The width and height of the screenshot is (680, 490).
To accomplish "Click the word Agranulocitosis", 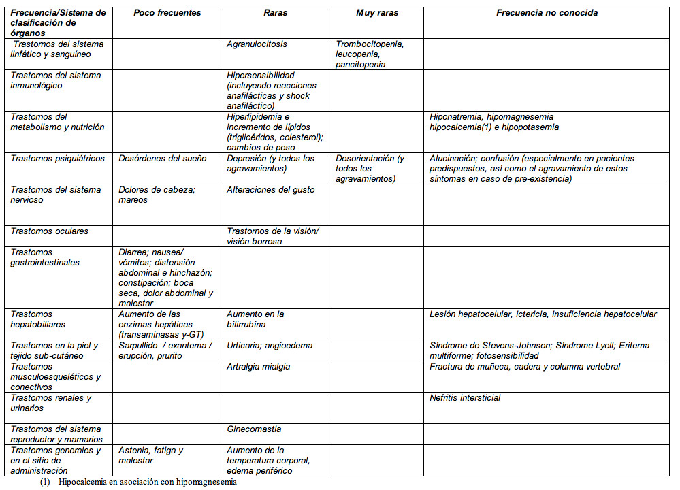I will coord(257,44).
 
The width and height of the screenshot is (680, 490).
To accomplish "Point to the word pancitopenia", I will coord(360,65).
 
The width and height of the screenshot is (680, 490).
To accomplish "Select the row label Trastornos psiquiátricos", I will coord(57,159).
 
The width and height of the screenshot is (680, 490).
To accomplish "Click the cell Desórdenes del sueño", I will coord(162,159).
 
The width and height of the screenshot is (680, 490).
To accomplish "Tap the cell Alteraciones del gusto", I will coord(270,190).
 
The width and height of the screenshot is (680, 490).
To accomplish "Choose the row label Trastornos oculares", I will coord(49,231).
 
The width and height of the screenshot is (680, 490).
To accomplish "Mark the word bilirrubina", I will coord(249,325).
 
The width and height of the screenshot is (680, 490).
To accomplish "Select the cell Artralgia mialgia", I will coord(258,367).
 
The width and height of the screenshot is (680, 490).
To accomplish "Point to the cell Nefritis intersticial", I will coord(465,398).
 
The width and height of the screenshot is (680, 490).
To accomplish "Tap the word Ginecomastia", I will coord(254,429).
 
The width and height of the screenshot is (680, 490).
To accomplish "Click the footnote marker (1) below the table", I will coord(45,483).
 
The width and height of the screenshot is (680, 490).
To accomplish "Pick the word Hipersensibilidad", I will coord(260,76).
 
